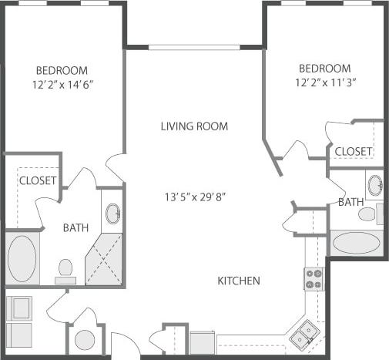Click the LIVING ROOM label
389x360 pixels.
[x=194, y=126]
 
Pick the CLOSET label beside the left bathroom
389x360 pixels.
[x=37, y=180]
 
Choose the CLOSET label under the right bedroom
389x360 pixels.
[x=354, y=151]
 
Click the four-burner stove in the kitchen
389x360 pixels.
[x=314, y=278]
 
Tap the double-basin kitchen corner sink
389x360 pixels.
[x=302, y=332]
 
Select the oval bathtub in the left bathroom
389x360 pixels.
[x=22, y=258]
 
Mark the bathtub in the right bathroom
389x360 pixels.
[x=356, y=243]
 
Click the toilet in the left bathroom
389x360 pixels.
[x=65, y=269]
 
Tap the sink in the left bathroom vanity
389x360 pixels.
[x=112, y=214]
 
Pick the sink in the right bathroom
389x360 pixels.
[x=374, y=185]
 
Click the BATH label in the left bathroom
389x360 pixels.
[x=75, y=228]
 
